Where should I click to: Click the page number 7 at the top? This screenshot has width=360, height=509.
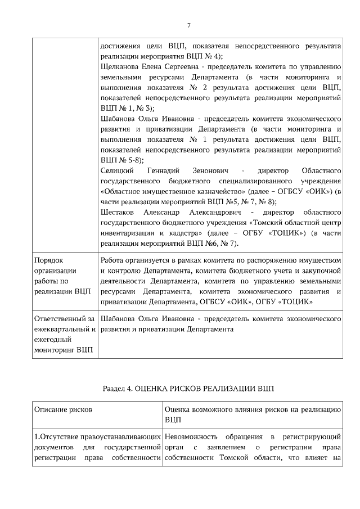[189, 25]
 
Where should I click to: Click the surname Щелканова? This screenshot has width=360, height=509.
[119, 66]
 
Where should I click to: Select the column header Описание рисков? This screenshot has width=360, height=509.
[63, 409]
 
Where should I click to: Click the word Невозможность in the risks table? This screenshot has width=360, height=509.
[191, 437]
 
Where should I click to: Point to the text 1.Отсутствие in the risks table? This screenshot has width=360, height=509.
[56, 437]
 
